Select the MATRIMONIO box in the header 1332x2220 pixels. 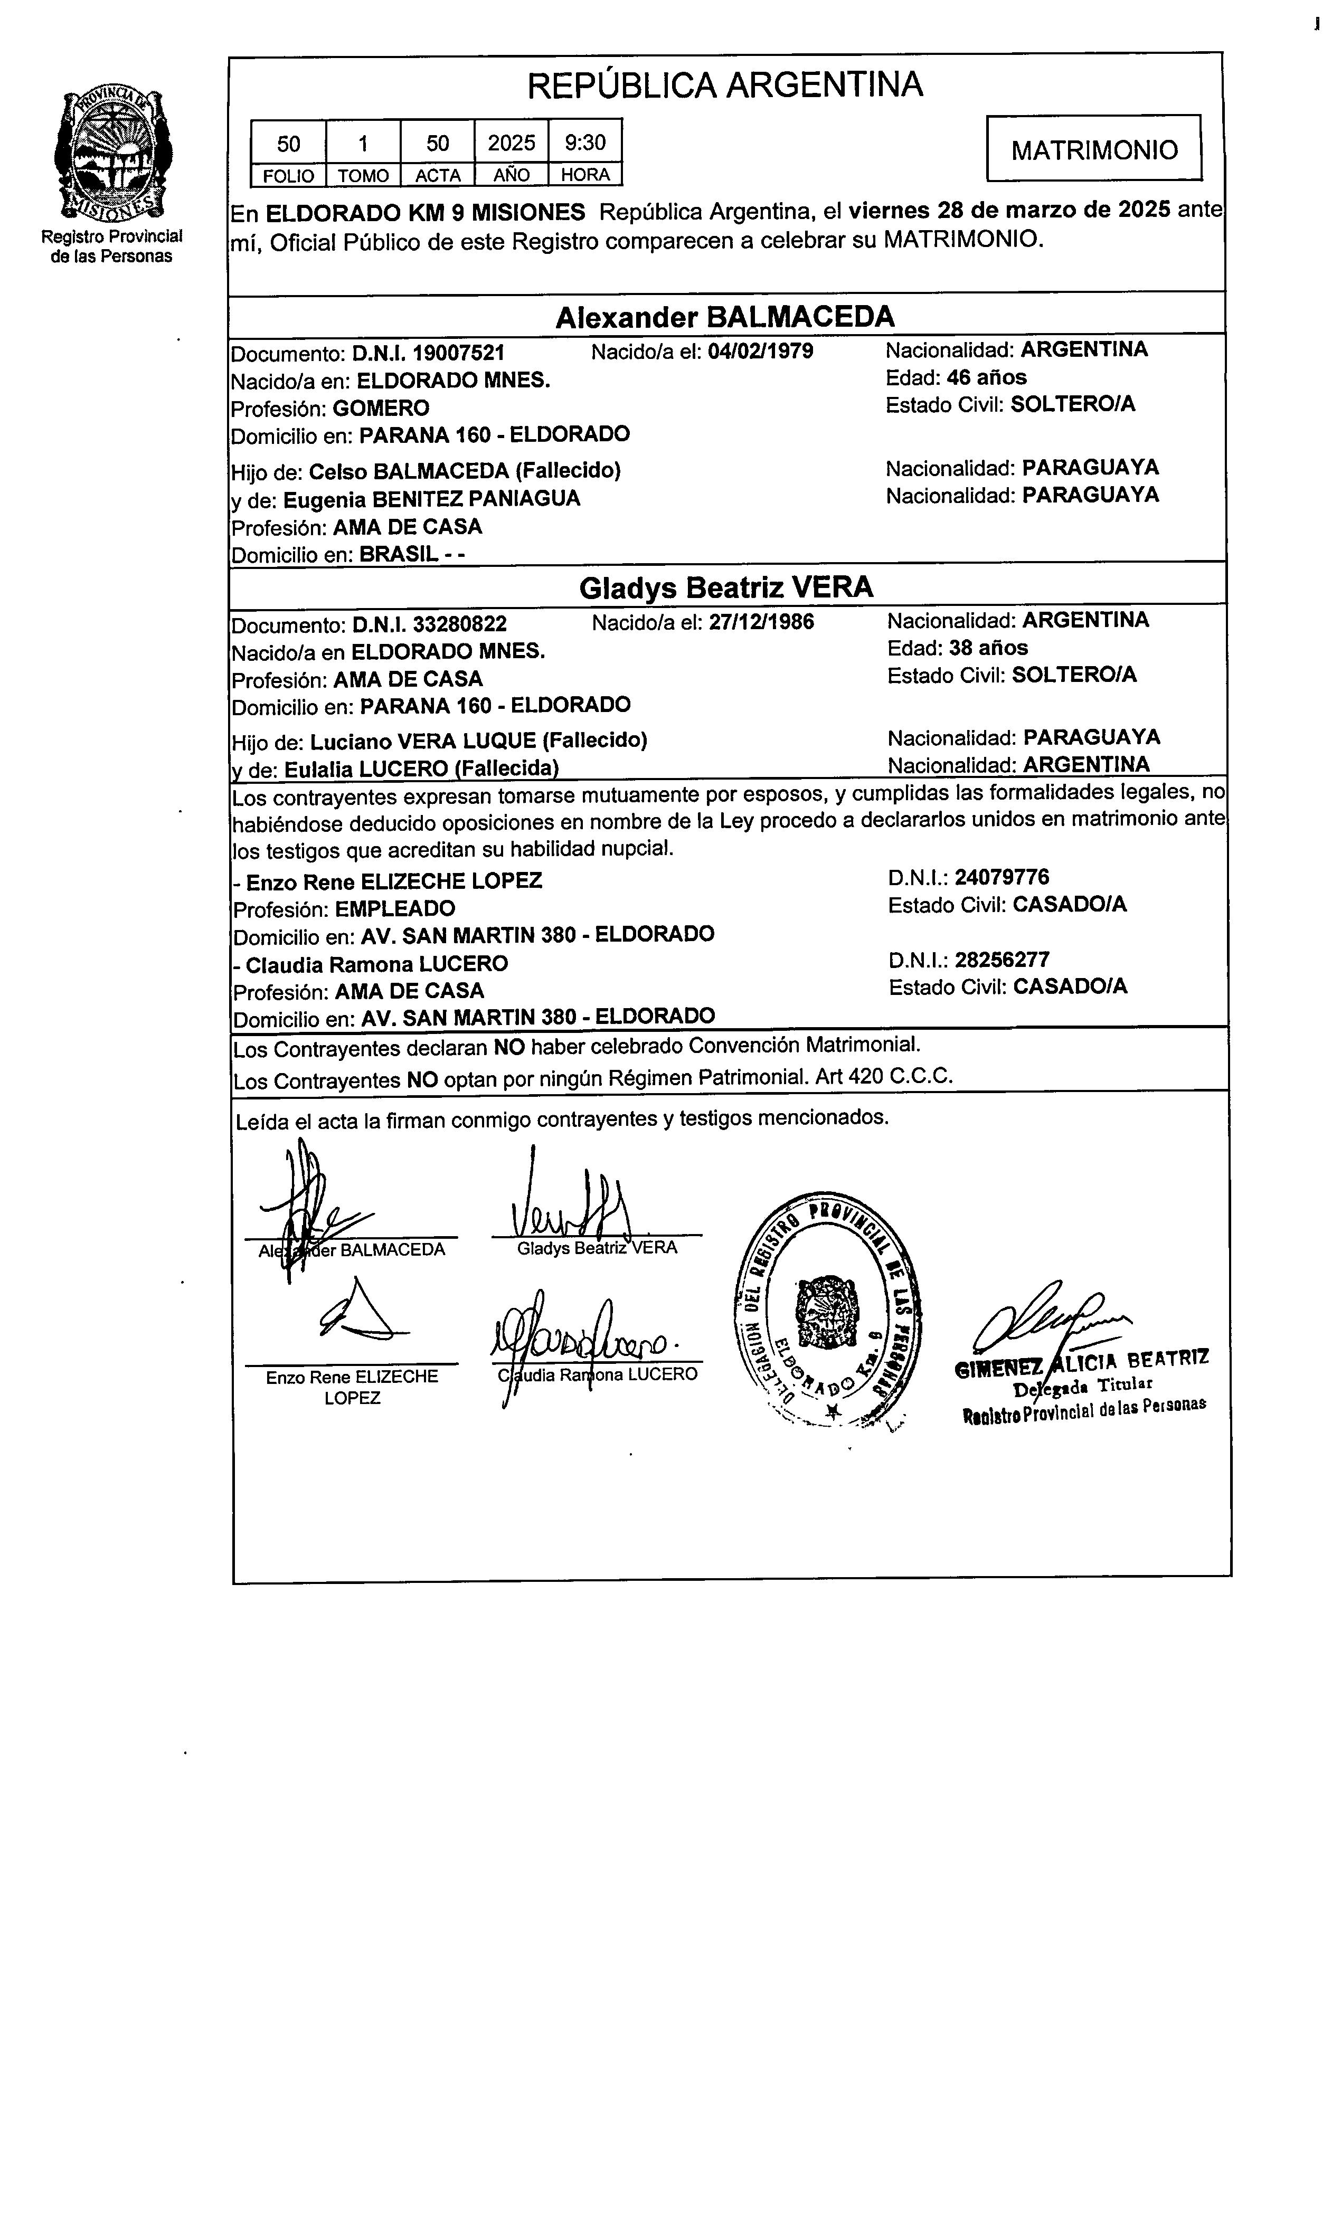point(1093,149)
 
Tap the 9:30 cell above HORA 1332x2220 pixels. point(584,143)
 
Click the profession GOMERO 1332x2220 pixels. point(381,409)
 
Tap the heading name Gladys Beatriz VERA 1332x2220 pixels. point(725,588)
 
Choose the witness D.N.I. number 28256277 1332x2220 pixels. point(1002,959)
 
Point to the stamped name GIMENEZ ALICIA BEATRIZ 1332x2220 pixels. point(1082,1362)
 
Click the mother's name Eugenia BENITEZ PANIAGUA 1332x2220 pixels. point(432,499)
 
